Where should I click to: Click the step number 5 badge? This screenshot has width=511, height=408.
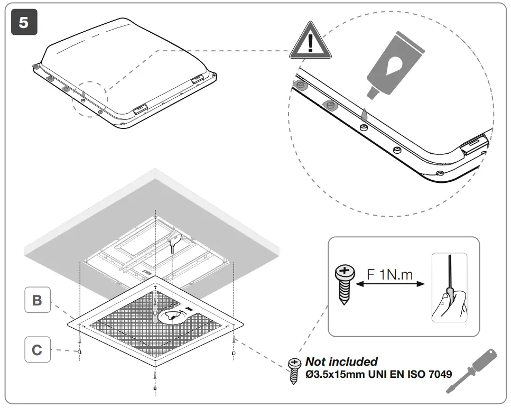coord(24,23)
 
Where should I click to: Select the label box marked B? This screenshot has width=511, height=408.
coord(37,300)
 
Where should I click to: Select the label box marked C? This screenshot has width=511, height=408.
coord(37,350)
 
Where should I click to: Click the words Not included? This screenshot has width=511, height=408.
coord(341,362)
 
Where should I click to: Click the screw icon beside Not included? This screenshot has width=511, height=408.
coord(294,370)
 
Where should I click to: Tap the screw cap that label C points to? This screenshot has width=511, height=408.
coord(79,351)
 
